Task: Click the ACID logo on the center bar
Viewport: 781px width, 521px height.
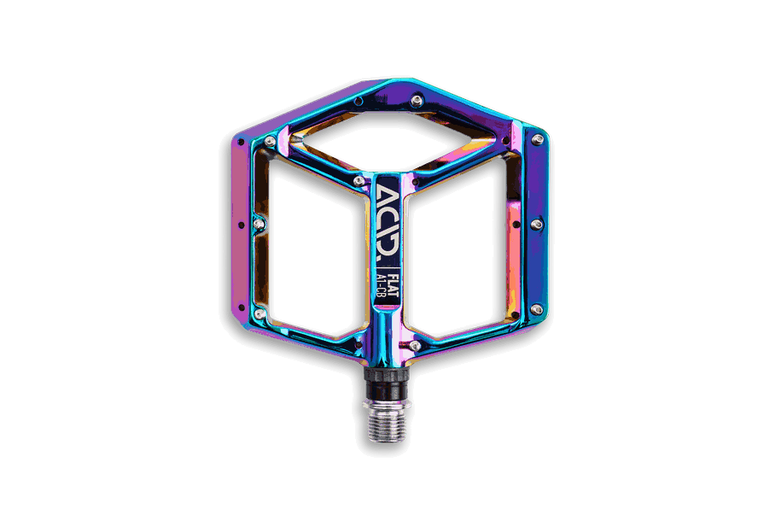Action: point(388,223)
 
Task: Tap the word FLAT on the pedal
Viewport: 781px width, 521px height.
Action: point(393,284)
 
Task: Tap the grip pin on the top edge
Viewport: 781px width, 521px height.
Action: point(417,101)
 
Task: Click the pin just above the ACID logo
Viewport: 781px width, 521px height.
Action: point(358,180)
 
